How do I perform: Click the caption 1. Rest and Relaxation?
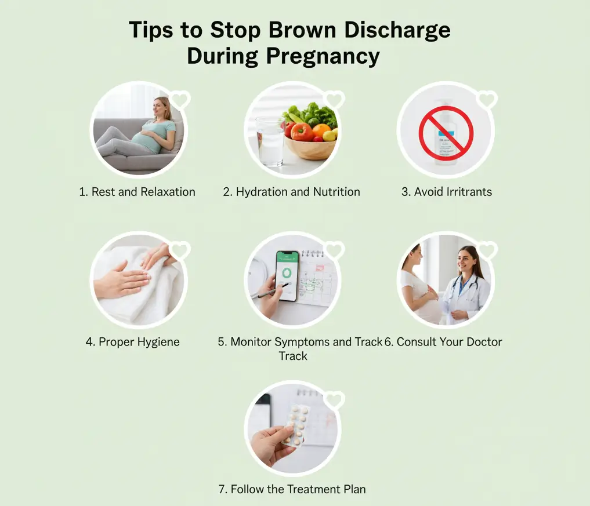coord(137,192)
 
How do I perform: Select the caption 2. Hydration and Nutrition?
coord(291,192)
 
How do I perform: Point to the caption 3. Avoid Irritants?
coord(446,192)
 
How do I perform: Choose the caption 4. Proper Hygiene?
coord(133,341)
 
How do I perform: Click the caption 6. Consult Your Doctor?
coord(443,341)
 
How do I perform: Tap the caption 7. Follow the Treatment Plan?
coord(292,489)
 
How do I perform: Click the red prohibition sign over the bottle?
coord(446,133)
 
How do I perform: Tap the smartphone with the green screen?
coord(287,275)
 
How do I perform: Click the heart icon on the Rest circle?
coord(180,100)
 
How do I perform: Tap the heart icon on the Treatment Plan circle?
coord(334,400)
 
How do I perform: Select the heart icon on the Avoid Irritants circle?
coord(487,100)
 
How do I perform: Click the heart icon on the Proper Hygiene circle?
coord(180,251)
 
